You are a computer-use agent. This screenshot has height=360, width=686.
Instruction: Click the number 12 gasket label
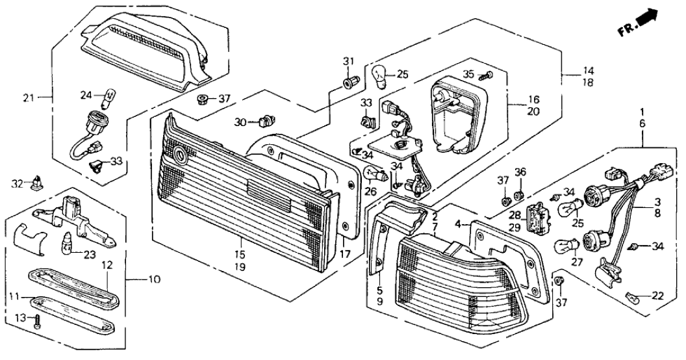(107, 265)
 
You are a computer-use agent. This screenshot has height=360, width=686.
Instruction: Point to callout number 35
(468, 73)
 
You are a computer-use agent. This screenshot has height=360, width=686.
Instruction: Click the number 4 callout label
(459, 225)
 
